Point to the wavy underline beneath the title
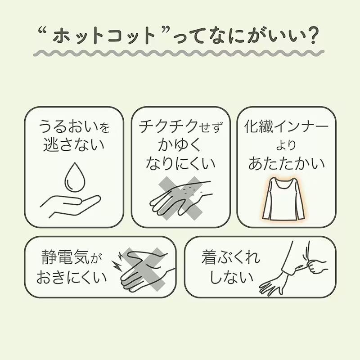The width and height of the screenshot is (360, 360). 179,53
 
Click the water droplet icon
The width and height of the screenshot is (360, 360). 75,177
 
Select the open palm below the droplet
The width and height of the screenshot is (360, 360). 70,206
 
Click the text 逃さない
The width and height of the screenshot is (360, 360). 74,144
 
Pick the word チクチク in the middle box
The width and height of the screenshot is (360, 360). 168,126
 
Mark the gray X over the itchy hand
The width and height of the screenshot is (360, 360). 181,198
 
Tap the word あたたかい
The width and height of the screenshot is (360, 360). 287,163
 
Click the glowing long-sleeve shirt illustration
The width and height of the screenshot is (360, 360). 284,199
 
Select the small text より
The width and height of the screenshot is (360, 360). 286,145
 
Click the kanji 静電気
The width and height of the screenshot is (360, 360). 65,257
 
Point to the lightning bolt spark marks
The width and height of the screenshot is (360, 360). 117,261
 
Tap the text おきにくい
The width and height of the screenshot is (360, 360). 72,277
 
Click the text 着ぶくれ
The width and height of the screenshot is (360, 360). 231,257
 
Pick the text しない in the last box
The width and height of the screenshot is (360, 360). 231,277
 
